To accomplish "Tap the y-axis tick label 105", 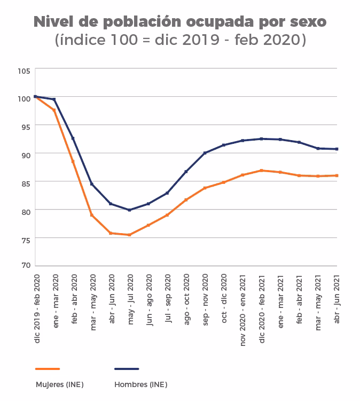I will coord(24,70).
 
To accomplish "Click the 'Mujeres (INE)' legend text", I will coord(59,384).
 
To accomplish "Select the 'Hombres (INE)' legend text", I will coord(140,384).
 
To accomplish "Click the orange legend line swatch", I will coord(48,369).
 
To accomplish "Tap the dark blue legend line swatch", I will coord(127,369).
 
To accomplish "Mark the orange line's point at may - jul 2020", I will coord(130,235).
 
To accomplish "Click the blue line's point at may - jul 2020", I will coord(130,210).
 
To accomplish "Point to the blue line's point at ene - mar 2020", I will coord(54,99).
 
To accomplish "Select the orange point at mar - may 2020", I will coord(92,215).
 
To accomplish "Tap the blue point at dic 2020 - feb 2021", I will coord(261,139).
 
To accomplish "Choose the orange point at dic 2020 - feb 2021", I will coord(261,171).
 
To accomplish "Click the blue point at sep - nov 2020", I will coord(205,153).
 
